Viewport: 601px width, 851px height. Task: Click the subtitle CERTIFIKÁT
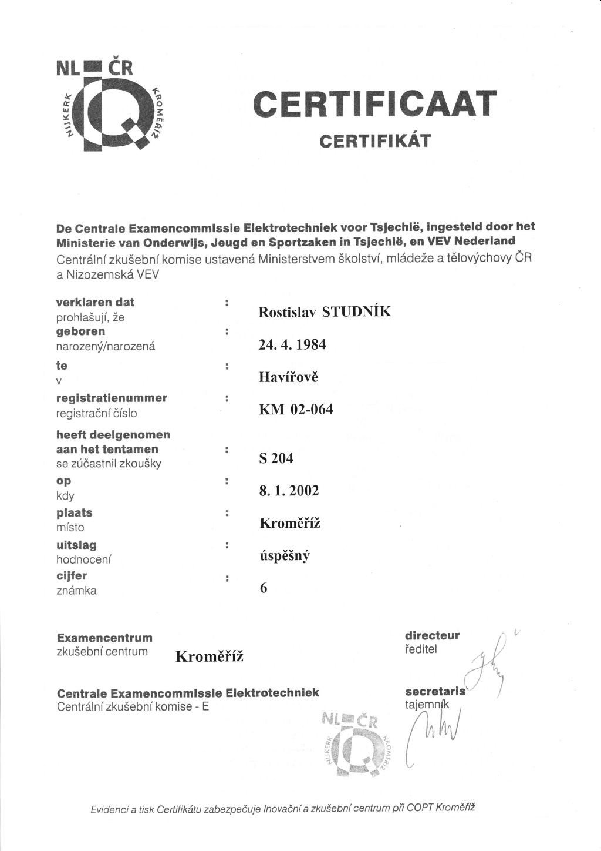pyautogui.click(x=374, y=142)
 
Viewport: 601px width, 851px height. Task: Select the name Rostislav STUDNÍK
pyautogui.click(x=324, y=312)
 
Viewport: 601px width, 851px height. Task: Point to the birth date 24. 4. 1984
pyautogui.click(x=292, y=344)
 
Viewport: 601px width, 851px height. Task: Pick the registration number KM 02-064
pyautogui.click(x=295, y=410)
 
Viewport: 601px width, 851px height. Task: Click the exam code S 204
pyautogui.click(x=276, y=458)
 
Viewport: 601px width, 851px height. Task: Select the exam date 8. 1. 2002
pyautogui.click(x=289, y=491)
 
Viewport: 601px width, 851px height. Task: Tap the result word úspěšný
pyautogui.click(x=284, y=555)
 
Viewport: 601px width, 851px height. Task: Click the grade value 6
pyautogui.click(x=263, y=588)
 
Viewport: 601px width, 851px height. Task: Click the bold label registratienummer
pyautogui.click(x=112, y=398)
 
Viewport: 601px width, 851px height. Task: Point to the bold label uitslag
pyautogui.click(x=76, y=545)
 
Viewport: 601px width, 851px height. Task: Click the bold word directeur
pyautogui.click(x=432, y=635)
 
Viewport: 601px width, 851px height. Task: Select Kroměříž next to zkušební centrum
pyautogui.click(x=210, y=656)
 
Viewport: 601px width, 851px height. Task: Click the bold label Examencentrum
pyautogui.click(x=104, y=638)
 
